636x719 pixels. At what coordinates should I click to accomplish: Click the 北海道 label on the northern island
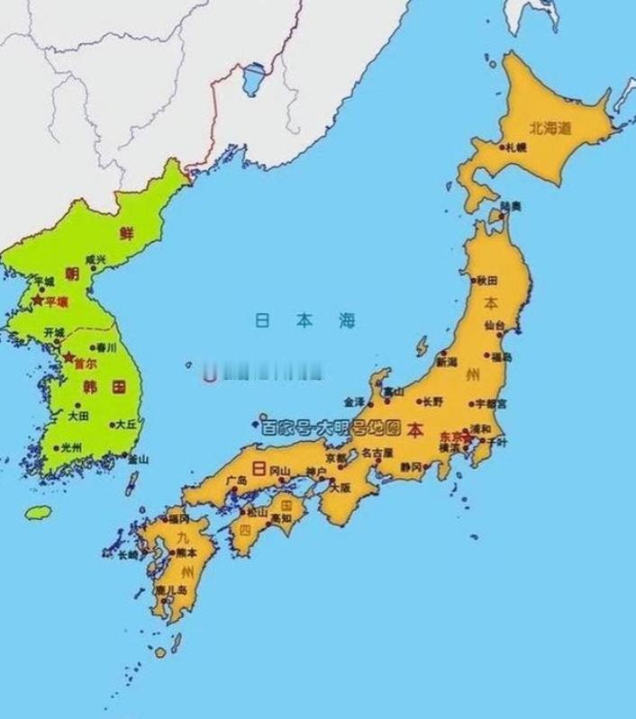coord(550,129)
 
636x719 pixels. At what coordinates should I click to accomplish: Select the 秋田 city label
coord(487,281)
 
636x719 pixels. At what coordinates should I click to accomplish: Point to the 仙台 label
coord(495,325)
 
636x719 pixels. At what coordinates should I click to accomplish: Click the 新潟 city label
coord(447,362)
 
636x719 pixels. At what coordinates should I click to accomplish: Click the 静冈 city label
coord(412,466)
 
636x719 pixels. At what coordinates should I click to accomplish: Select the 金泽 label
coord(354,401)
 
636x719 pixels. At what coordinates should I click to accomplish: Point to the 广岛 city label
coord(237,480)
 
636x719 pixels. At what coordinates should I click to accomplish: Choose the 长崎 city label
coord(127,554)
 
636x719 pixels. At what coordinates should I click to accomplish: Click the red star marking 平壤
coord(37,301)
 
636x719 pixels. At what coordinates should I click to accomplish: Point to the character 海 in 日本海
coord(347,320)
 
